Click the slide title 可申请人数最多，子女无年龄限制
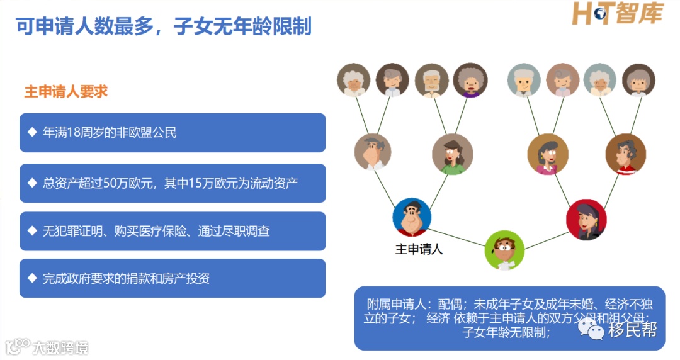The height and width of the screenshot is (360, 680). click(164, 26)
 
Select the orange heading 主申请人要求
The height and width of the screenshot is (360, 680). click(66, 91)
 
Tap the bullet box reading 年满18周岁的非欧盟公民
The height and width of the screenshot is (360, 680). click(173, 133)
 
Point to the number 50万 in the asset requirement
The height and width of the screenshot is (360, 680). click(116, 183)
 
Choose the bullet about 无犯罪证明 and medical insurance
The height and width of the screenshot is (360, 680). click(173, 231)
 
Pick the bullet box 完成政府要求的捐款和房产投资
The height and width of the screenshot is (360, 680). click(173, 278)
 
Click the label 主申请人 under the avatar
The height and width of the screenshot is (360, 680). click(419, 249)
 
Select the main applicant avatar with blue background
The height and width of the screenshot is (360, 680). click(412, 217)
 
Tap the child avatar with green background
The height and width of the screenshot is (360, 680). click(504, 250)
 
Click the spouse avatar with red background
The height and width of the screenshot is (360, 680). click(586, 219)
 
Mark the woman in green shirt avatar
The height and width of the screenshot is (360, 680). click(452, 154)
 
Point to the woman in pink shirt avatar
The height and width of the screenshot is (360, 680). click(548, 155)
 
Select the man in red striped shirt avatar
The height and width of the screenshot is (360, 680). click(626, 154)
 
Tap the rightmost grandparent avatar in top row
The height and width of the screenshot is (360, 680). click(639, 81)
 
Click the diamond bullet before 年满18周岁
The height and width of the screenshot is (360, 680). click(32, 133)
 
